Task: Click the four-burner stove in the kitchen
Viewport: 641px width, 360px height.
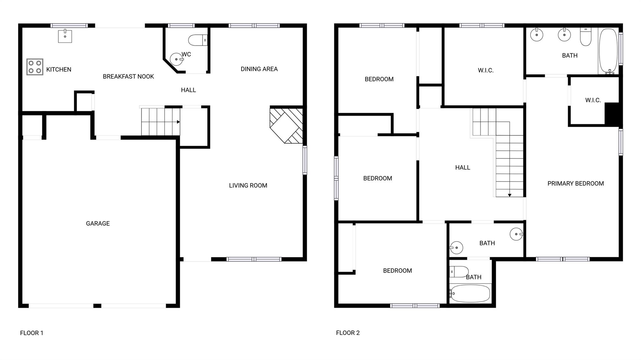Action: [35, 67]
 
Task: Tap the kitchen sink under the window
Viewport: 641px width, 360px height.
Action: [65, 36]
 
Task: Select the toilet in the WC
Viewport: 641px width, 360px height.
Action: [197, 40]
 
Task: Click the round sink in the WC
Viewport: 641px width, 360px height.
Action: [176, 59]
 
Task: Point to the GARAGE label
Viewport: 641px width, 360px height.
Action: [98, 223]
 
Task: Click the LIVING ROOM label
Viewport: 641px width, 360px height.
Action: [248, 185]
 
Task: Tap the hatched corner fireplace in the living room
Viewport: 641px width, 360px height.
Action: [286, 125]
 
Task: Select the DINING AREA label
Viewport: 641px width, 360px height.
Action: [259, 69]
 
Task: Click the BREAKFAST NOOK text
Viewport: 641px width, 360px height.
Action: [128, 77]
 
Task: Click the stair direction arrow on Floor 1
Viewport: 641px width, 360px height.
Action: [178, 122]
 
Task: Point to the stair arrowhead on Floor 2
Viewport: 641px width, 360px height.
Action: [510, 195]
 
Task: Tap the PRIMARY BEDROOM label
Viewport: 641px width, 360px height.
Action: [575, 184]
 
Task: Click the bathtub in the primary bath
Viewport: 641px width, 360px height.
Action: [608, 51]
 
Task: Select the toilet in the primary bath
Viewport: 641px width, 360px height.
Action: [586, 37]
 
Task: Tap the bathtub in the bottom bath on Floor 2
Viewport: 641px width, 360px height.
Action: [470, 293]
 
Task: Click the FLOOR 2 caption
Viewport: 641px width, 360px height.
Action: [348, 333]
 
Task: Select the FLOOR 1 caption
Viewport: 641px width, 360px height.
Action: [32, 333]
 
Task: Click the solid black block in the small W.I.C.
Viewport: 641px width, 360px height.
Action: [612, 114]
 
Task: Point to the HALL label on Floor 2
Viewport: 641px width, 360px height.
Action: [462, 168]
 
